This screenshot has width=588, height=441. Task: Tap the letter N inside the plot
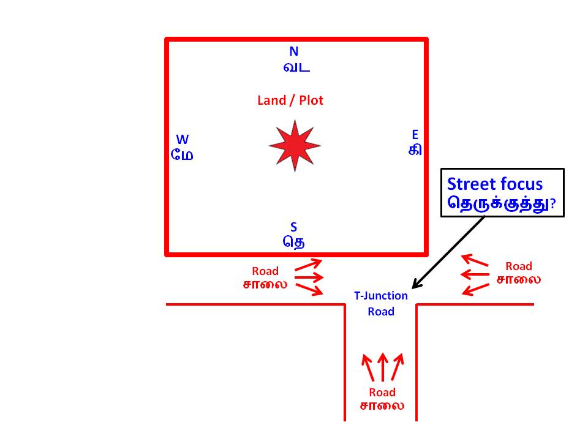coord(294,51)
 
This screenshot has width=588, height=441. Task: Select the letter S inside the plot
coord(294,228)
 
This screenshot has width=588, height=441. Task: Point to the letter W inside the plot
coord(183,140)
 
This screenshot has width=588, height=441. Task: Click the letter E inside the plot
coord(415,135)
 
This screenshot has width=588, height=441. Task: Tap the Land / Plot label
coord(290,100)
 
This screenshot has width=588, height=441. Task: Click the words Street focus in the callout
coord(495,184)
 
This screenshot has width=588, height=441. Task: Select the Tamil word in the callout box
coord(497,204)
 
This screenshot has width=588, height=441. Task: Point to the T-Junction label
coord(381,296)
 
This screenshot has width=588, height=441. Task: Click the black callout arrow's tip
coord(413,287)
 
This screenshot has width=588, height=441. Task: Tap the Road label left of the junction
coord(265,271)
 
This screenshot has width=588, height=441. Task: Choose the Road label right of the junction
coord(519,266)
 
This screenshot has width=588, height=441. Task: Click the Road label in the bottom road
coord(382,393)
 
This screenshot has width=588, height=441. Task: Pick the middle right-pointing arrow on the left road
coord(309,277)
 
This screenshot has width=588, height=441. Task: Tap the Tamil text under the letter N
coord(296,67)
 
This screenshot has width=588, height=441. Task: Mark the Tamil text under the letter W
coord(183,155)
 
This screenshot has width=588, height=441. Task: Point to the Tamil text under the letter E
coord(415,149)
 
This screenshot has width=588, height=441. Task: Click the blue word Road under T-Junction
coord(381,311)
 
